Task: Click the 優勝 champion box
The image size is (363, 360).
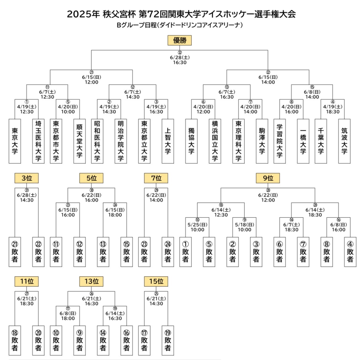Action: [179, 40]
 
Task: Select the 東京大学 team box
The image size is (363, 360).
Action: [15, 141]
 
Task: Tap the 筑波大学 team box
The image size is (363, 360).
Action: [344, 141]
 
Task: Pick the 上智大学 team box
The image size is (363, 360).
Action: [168, 141]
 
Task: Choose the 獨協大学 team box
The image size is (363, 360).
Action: [192, 141]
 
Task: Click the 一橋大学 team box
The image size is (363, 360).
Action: [303, 141]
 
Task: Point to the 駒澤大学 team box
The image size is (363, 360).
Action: [262, 141]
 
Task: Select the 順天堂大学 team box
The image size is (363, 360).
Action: [80, 141]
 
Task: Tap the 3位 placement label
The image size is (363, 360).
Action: [26, 178]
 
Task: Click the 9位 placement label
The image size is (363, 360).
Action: [268, 178]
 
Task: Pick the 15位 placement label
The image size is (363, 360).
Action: [156, 281]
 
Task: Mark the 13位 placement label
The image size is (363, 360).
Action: [91, 281]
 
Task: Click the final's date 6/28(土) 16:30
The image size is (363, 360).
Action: [179, 60]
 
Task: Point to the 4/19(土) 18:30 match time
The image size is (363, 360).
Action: [333, 109]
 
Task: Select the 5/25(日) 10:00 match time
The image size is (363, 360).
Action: [197, 227]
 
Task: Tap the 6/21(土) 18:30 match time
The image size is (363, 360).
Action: [26, 301]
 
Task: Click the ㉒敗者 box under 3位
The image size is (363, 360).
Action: [38, 252]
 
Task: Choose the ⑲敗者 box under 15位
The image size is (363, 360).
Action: [168, 341]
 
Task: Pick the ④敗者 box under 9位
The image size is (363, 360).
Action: [350, 252]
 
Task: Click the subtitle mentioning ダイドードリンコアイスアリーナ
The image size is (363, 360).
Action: [179, 25]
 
